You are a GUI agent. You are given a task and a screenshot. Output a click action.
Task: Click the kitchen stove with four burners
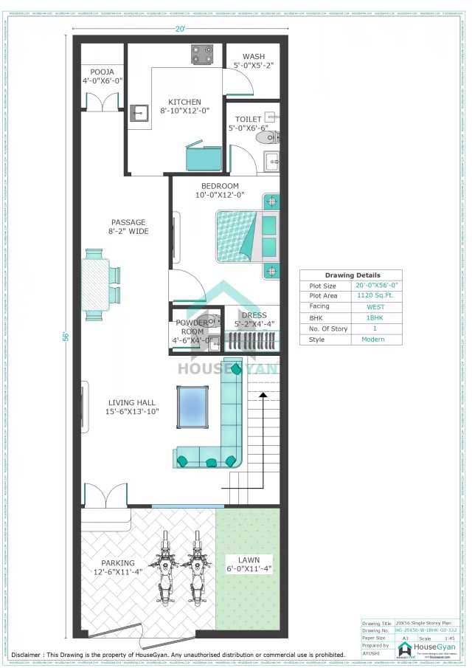click(202, 53)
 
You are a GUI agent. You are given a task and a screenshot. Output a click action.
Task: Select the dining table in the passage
click(94, 284)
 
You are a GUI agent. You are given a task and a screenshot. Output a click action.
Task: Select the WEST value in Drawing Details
click(375, 306)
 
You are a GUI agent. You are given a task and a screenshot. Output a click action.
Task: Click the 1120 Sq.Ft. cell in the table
click(375, 295)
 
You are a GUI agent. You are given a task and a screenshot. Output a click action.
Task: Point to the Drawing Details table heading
click(350, 275)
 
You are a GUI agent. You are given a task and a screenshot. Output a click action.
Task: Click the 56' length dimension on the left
click(66, 336)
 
